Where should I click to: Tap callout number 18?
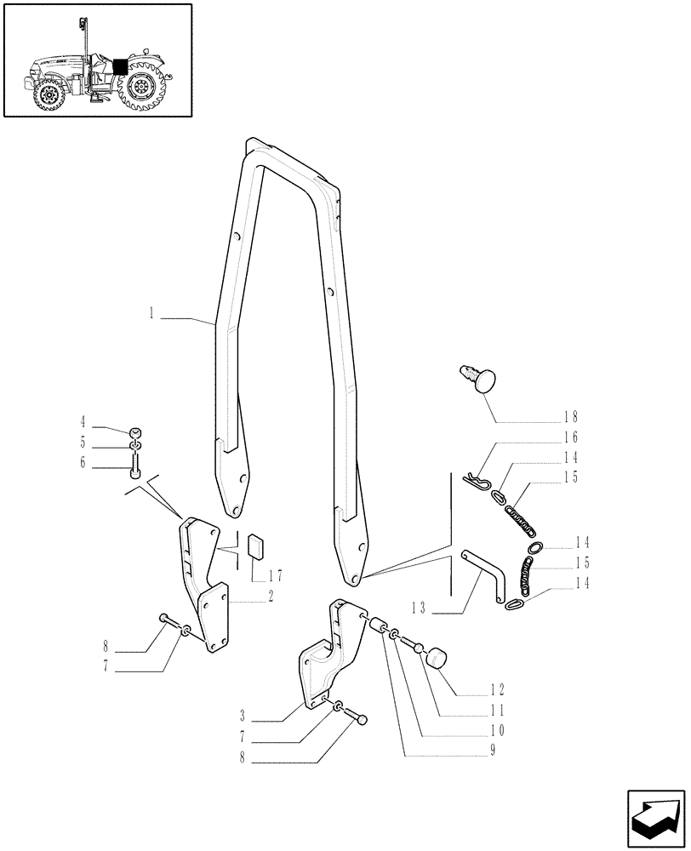pos(569,417)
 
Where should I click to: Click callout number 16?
pos(569,437)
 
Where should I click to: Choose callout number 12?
pos(497,689)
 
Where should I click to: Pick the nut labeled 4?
pos(136,431)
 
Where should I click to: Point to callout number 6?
pos(106,463)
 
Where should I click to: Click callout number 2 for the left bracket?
pos(270,597)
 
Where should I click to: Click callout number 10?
pos(496,730)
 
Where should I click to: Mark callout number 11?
pos(498,710)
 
